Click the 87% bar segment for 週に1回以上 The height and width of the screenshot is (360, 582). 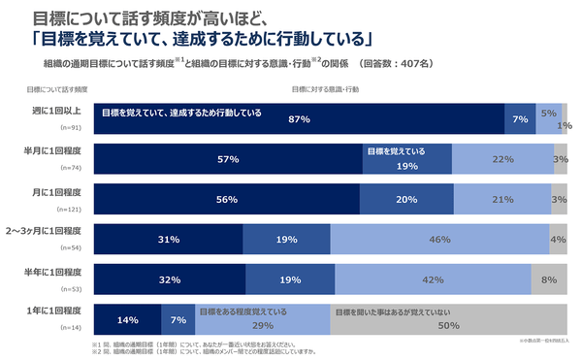[x=299, y=119]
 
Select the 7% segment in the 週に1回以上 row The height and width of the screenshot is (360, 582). [x=520, y=119]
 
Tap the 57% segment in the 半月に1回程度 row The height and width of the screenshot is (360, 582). [x=228, y=159]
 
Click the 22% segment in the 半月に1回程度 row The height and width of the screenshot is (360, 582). [x=501, y=159]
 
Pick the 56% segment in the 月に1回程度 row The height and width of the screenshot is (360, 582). [x=227, y=199]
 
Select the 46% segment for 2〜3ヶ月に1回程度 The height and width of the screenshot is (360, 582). [x=438, y=239]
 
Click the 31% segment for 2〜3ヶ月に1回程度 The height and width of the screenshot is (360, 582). [x=168, y=239]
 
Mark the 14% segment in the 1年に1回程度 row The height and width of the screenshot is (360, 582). [x=127, y=319]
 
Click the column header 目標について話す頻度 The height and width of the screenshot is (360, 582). [x=57, y=89]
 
